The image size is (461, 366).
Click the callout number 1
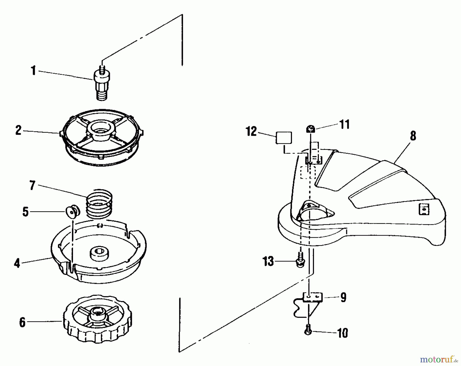pos(33,71)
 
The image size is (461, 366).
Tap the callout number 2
pos(18,130)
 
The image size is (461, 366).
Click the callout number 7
pos(32,185)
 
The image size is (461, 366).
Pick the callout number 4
pos(17,263)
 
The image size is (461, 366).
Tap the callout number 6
pos(23,322)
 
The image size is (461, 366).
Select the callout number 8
pos(413,136)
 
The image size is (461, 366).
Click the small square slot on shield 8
pos(424,209)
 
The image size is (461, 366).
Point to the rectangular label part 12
pos(284,138)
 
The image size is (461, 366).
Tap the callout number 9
pos(343,297)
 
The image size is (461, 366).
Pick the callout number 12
pos(252,132)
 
